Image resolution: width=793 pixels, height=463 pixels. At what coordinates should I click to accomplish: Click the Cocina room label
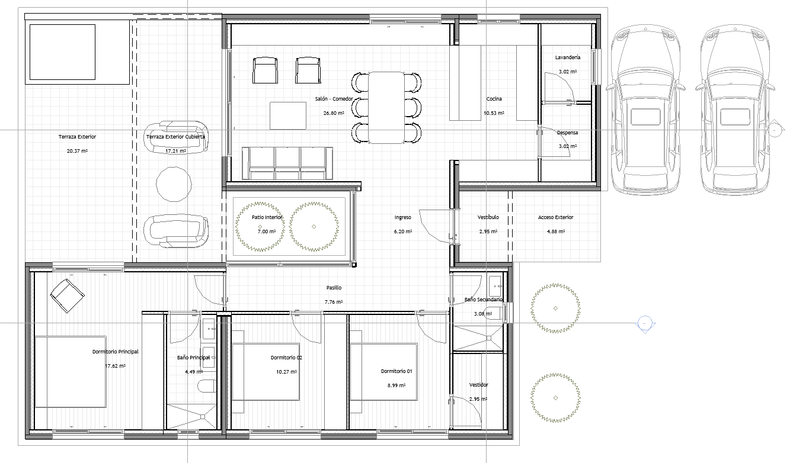[494, 99]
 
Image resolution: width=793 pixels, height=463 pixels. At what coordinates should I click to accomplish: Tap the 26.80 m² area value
[334, 113]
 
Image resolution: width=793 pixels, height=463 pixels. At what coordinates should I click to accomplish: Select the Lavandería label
[568, 57]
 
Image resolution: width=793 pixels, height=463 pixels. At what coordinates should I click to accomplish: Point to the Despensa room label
[568, 133]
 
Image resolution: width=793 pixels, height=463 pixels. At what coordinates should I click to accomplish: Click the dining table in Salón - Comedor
[386, 108]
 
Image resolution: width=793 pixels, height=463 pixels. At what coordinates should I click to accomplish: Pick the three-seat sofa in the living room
[287, 163]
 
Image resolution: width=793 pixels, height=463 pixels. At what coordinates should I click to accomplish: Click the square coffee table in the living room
[288, 115]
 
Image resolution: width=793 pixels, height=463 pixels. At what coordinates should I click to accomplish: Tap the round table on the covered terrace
[174, 184]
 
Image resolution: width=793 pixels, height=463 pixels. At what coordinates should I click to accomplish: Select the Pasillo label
[334, 288]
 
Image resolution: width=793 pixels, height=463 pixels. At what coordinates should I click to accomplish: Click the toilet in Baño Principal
[207, 386]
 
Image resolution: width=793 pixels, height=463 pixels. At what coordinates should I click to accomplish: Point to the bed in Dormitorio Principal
[71, 372]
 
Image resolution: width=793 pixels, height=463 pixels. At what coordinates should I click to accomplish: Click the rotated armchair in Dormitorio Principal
[67, 296]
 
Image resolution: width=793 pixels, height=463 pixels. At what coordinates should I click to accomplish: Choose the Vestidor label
[479, 385]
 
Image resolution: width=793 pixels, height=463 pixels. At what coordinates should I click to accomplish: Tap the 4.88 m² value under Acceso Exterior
[556, 231]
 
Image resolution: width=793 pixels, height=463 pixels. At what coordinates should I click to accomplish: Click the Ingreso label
[403, 217]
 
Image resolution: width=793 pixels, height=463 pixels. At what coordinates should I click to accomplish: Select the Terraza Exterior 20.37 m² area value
[77, 151]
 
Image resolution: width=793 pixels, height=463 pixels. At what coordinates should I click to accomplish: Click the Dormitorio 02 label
[286, 358]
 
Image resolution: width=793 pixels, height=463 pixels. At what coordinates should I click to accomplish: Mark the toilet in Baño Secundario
[495, 313]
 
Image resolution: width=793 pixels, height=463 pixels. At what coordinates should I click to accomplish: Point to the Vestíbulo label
[488, 217]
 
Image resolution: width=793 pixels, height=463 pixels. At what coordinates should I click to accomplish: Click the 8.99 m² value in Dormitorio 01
[396, 385]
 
